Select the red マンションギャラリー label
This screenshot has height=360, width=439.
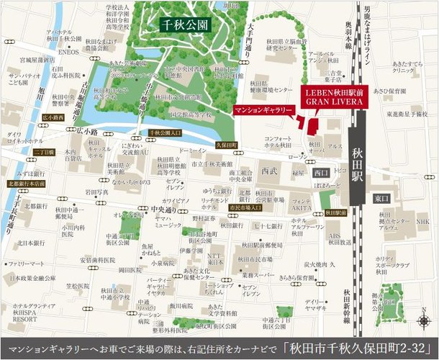click(264, 109)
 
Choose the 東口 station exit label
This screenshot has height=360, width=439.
click(381, 197)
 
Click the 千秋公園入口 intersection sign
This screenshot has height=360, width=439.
click(165, 133)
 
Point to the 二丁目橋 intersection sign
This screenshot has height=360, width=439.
click(22, 153)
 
